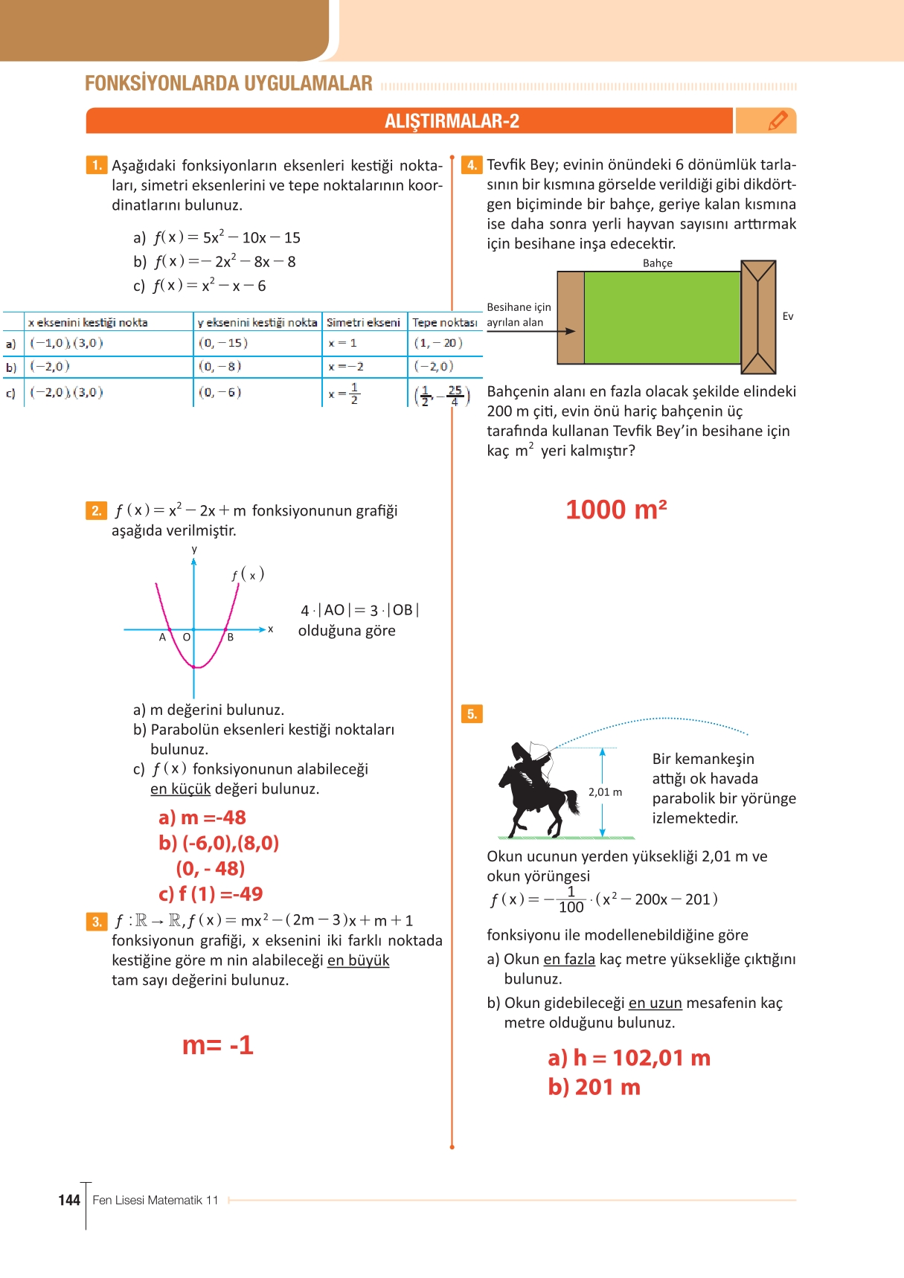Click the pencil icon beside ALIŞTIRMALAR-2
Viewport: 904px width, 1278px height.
778,121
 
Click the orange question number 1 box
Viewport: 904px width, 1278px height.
97,165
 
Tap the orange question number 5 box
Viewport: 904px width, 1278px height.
472,714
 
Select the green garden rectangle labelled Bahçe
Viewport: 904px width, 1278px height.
661,317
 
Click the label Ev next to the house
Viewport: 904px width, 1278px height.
788,316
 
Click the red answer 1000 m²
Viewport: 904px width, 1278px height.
616,510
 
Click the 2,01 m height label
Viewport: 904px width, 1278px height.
605,792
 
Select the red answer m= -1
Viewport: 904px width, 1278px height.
218,1045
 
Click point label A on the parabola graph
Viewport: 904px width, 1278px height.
162,638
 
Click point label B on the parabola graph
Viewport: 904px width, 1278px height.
231,638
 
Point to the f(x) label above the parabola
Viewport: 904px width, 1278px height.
248,574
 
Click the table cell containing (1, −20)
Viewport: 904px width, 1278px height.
438,343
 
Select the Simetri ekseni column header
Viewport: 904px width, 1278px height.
363,322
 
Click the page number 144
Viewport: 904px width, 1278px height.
69,1200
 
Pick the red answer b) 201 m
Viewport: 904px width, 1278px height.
594,1087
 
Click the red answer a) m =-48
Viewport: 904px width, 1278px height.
202,818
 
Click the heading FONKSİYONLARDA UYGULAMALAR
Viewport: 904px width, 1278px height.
228,83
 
